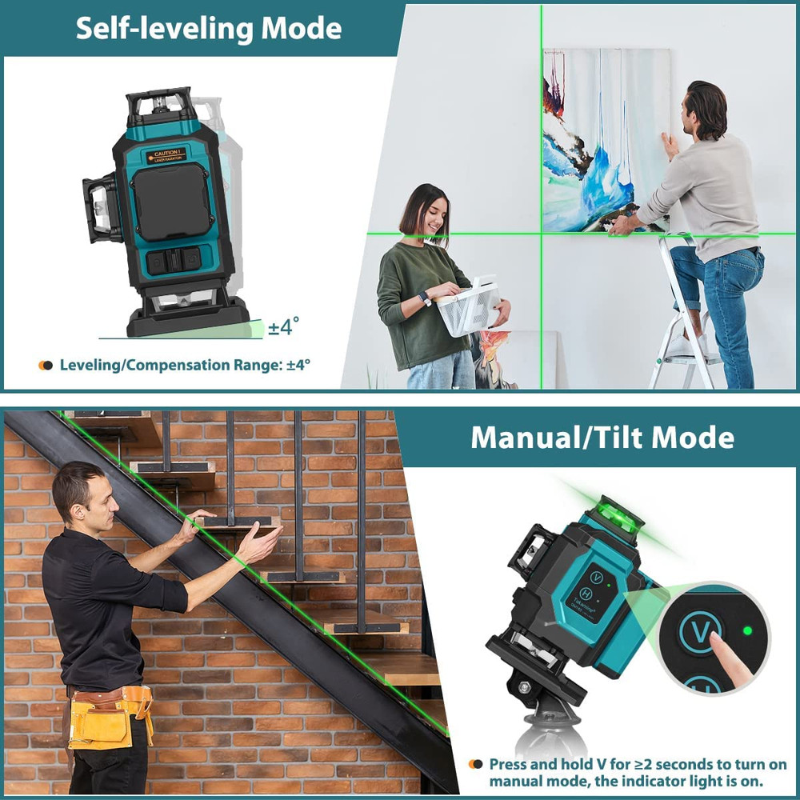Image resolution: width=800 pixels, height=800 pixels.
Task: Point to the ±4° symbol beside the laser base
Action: coord(283,326)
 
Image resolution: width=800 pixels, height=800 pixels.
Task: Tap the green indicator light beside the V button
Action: coord(748,630)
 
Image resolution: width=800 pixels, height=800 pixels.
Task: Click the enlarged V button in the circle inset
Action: coord(699,632)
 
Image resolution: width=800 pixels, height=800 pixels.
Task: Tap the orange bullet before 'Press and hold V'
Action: coord(475,765)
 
